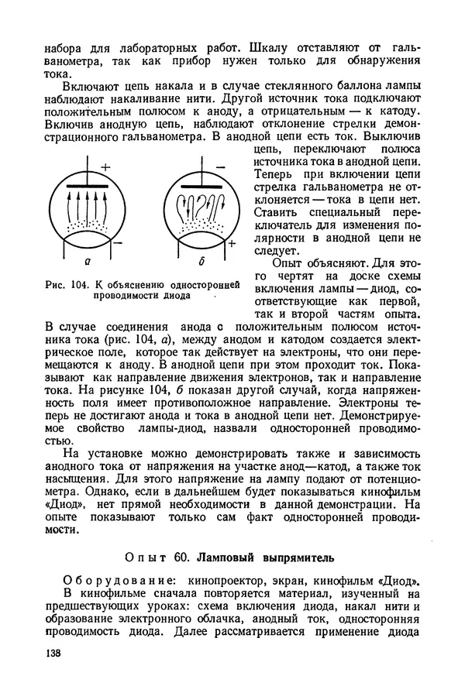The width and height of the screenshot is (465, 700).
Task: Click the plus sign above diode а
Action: [105, 166]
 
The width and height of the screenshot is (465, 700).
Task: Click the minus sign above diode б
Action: [219, 166]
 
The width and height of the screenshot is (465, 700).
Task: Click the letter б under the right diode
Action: [200, 263]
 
